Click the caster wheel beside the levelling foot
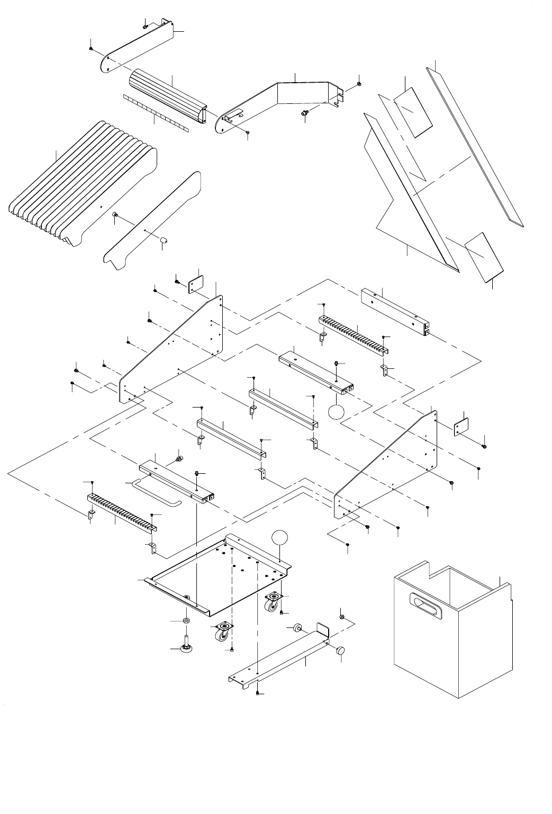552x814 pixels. pos(221,632)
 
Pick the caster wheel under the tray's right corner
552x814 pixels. pos(273,601)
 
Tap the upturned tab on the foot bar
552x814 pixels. pos(322,632)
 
